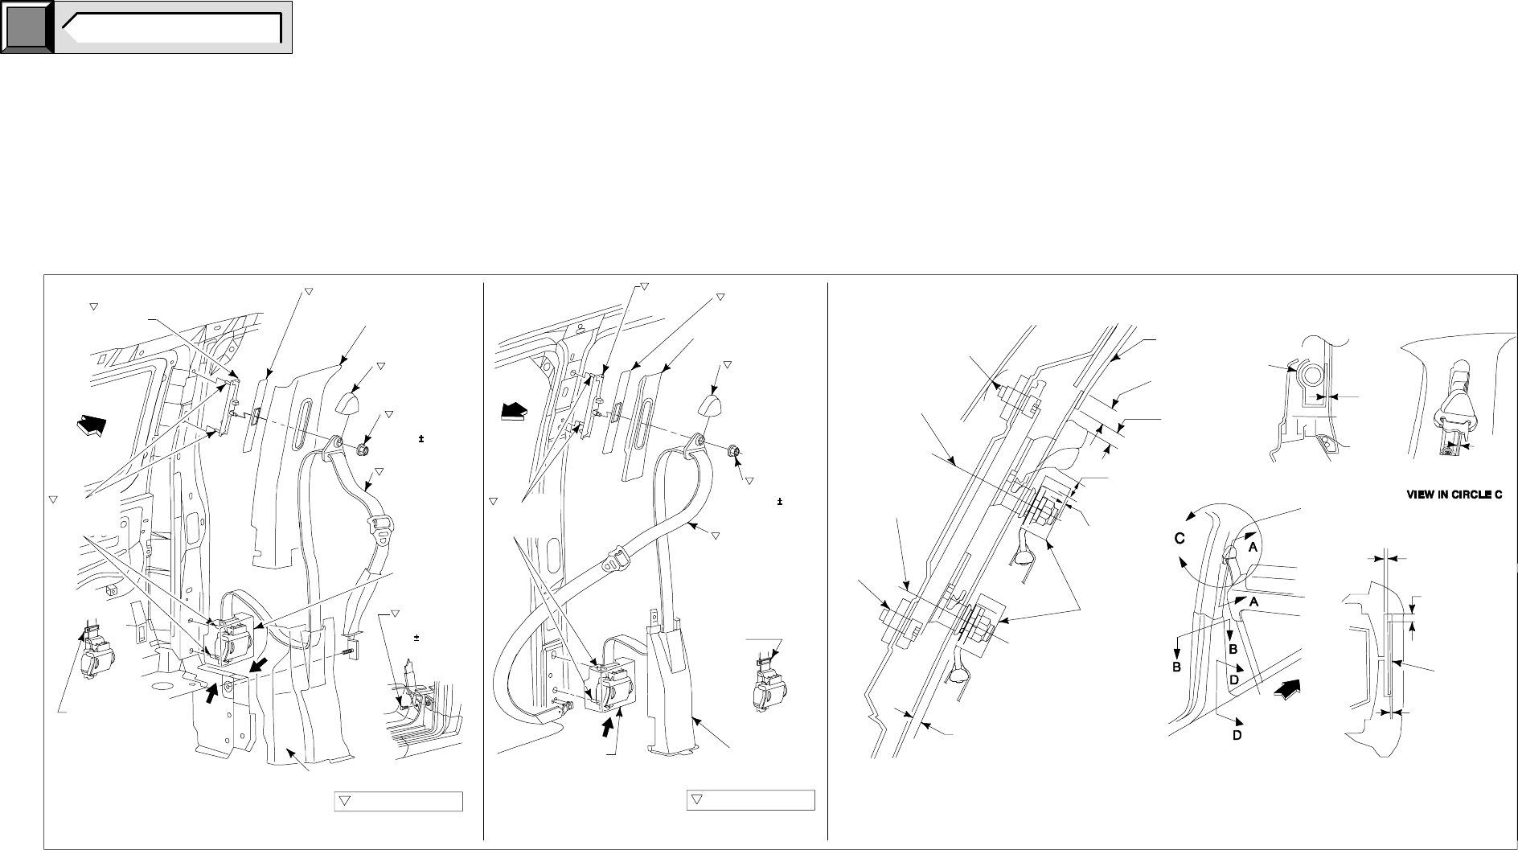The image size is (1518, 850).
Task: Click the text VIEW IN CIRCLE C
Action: tap(1454, 496)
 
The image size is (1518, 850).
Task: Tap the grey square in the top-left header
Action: tap(27, 27)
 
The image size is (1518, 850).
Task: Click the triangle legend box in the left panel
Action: tap(398, 800)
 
